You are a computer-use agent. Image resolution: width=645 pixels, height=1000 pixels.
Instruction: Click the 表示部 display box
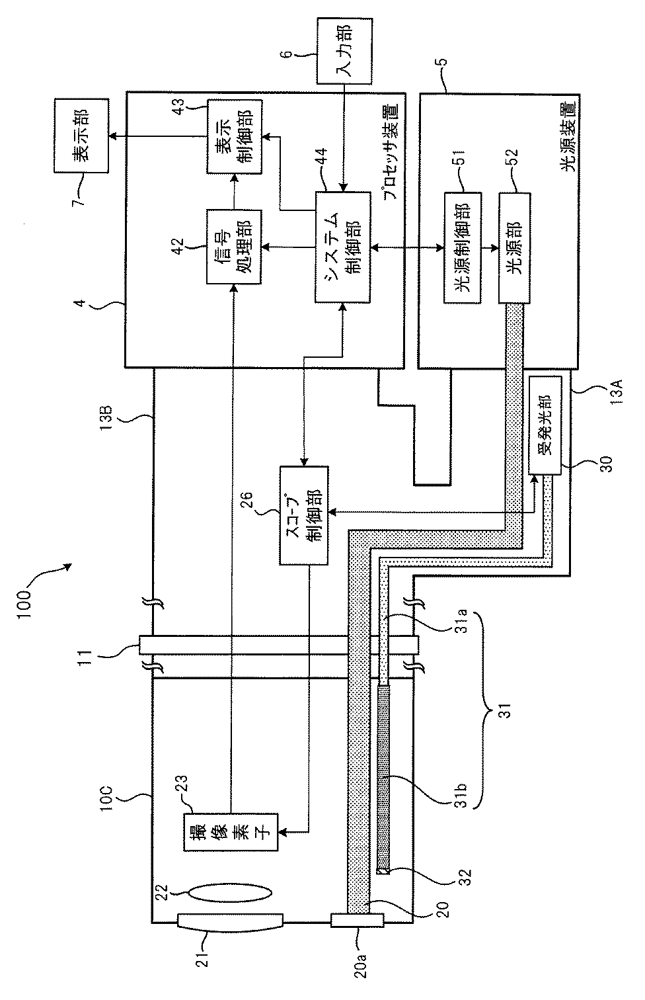[x=81, y=136]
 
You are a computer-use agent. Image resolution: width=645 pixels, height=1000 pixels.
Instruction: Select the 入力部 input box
[x=344, y=50]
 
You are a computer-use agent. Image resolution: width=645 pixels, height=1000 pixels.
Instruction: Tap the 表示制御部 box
[x=235, y=137]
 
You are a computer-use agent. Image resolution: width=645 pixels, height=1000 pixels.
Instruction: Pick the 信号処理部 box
[x=234, y=246]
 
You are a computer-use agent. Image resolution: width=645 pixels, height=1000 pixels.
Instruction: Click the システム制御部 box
[x=342, y=247]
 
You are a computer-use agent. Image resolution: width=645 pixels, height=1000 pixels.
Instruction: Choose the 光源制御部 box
[x=463, y=248]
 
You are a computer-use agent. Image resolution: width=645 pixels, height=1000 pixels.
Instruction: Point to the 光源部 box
[x=514, y=248]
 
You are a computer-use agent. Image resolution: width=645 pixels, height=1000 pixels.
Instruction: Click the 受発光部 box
[x=544, y=425]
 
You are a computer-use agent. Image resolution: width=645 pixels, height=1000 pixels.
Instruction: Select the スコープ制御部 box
[x=304, y=516]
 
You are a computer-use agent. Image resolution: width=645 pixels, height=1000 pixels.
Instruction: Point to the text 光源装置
[x=568, y=136]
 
